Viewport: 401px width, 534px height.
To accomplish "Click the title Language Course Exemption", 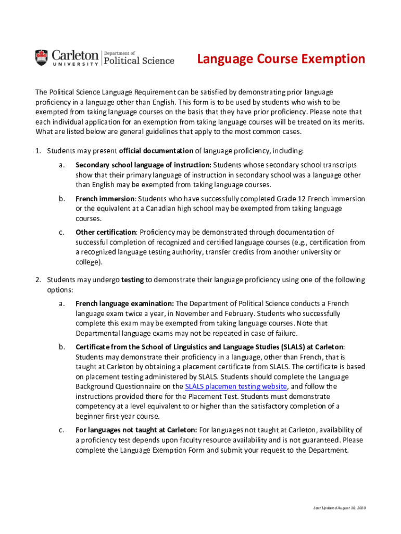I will click(x=281, y=59).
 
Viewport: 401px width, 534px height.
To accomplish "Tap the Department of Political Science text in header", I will click(x=140, y=58).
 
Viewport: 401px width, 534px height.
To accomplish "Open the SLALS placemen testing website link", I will click(x=236, y=386).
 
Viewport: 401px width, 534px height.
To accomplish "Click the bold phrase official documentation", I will click(x=156, y=151).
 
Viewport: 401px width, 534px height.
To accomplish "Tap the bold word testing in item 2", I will click(x=132, y=280).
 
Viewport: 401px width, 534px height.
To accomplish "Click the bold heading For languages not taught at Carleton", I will click(x=136, y=430).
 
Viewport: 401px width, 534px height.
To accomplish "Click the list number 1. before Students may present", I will click(x=39, y=151).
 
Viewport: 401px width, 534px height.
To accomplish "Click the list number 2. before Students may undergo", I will click(x=39, y=280).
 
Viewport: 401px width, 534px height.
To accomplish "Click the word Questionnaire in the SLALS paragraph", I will click(x=156, y=386).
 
